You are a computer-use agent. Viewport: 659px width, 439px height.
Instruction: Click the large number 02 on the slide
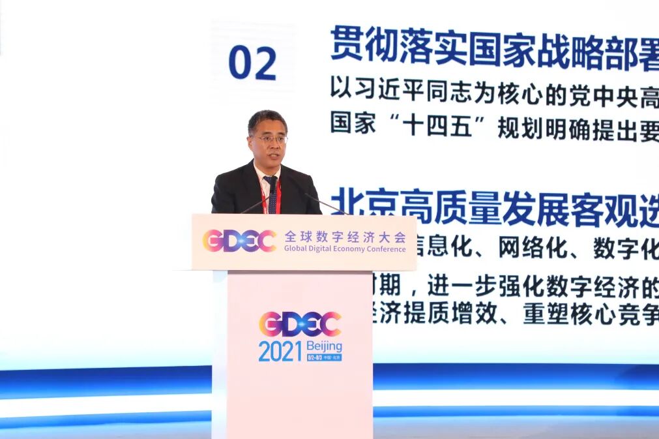252,63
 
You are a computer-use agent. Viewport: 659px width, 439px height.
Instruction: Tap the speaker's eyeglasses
269,139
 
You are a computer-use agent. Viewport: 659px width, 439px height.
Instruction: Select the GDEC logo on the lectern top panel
239,241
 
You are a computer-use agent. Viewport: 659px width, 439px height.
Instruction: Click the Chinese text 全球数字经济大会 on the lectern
345,236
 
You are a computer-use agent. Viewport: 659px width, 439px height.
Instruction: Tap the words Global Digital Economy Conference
345,249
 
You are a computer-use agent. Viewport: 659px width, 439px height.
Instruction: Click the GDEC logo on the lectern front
300,324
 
